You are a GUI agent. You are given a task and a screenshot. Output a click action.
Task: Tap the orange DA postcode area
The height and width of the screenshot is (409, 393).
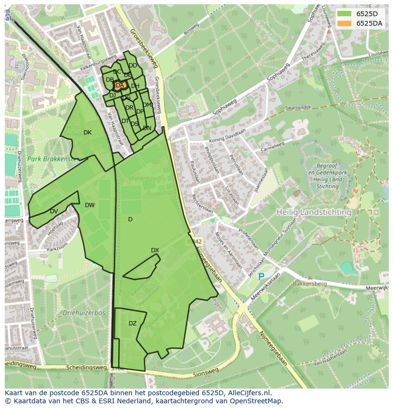[x=119, y=86]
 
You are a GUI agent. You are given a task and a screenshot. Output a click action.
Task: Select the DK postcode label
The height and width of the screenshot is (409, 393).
[x=87, y=133]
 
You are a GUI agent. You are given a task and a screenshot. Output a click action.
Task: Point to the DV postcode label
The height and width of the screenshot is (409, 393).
[x=54, y=211]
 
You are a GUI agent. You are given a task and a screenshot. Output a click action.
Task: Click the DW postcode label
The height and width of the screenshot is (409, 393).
[x=90, y=205]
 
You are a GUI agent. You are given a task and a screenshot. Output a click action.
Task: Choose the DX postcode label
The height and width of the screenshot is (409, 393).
[x=155, y=250]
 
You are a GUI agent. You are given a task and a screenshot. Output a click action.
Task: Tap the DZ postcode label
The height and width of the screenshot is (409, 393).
[x=132, y=323]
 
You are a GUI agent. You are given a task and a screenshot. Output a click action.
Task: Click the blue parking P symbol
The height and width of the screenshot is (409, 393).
[x=261, y=276]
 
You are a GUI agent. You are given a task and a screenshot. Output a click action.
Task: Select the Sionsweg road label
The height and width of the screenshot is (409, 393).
[x=206, y=372]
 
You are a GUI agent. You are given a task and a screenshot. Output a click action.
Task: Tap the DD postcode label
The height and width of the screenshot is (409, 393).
[x=133, y=66]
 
